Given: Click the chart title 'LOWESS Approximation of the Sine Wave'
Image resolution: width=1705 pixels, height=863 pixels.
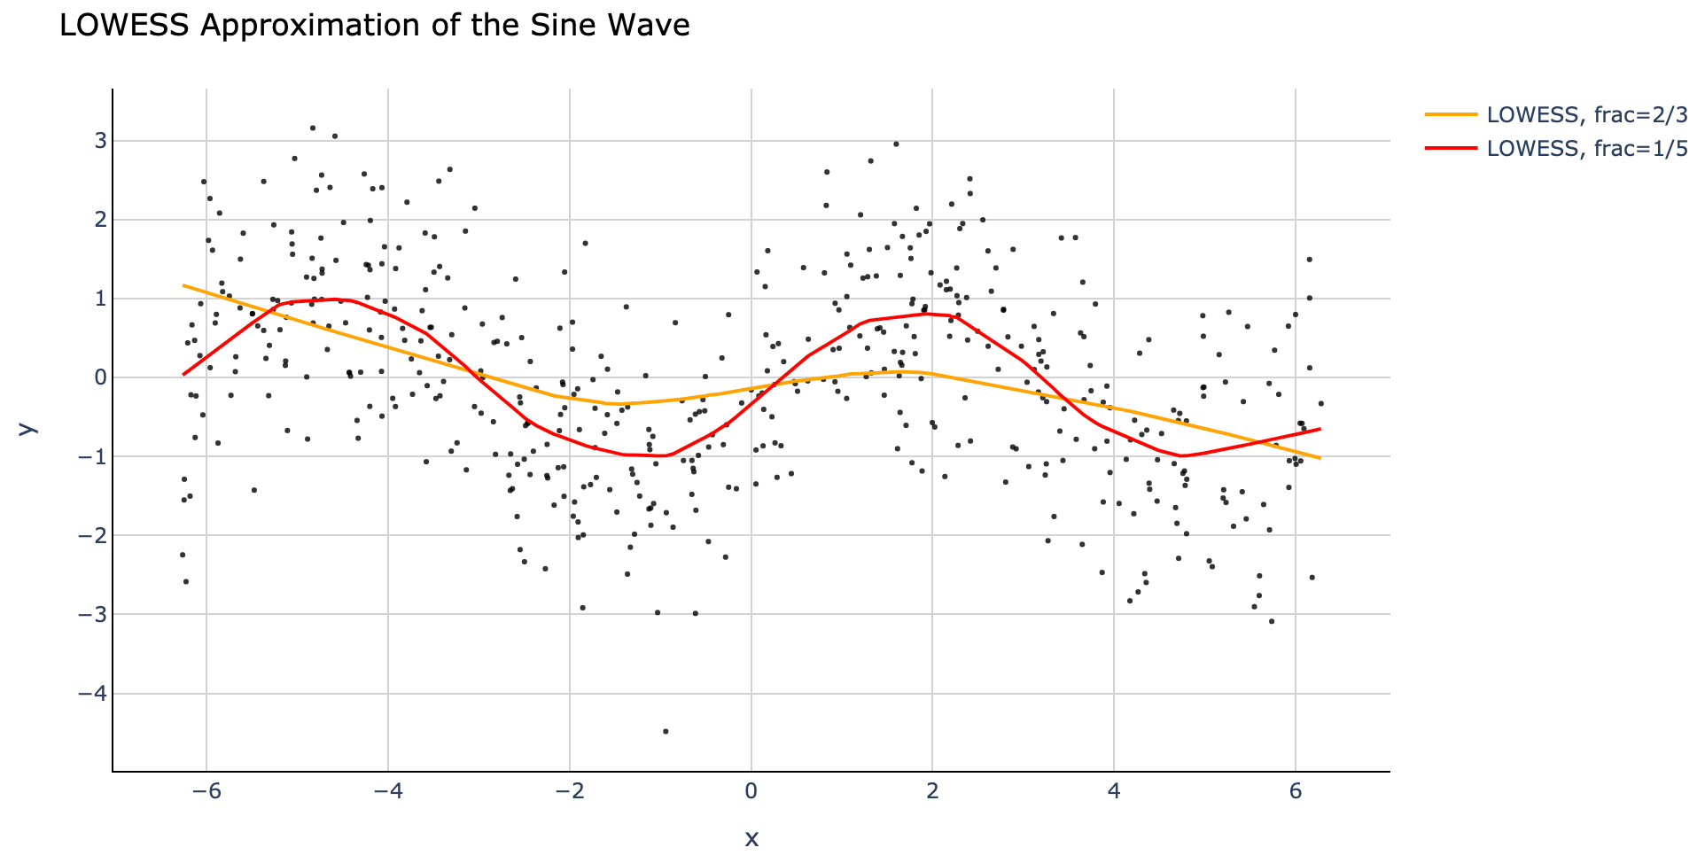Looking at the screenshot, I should click(374, 26).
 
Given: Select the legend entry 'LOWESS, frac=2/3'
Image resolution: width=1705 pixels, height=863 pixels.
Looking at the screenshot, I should click(1586, 115).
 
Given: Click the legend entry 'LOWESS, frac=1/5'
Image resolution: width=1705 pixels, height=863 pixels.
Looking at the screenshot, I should click(1586, 149).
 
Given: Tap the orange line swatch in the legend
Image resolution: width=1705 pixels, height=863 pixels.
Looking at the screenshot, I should click(1452, 115).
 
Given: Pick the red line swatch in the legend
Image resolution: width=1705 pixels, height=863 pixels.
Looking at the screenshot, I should click(1452, 149).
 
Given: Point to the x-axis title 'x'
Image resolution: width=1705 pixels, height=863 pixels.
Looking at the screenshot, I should click(751, 837).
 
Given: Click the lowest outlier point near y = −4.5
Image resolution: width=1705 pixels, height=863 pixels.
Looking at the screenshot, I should click(666, 732).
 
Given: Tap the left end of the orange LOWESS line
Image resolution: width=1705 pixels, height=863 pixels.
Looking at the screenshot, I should click(184, 285).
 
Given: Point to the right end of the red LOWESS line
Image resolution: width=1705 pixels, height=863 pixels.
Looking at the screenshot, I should click(1320, 429).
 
